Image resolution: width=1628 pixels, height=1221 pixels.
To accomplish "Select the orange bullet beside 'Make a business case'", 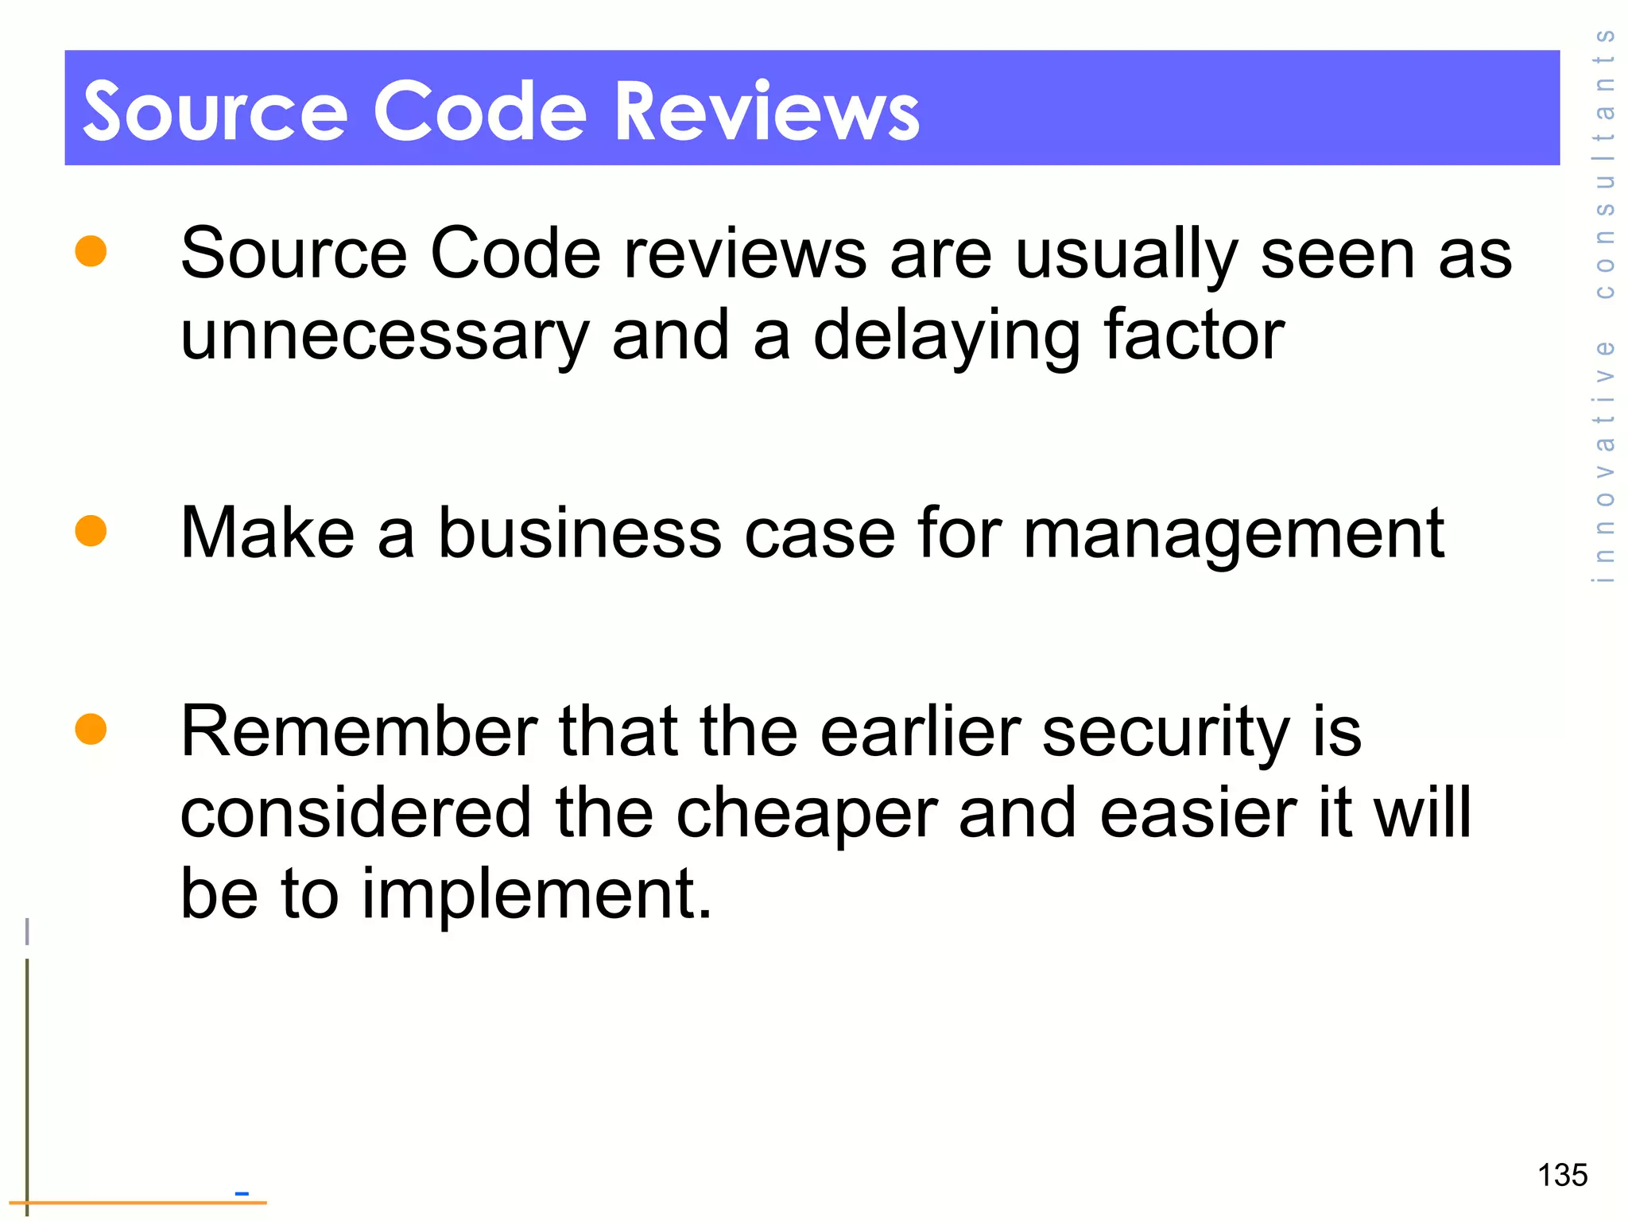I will click(91, 531).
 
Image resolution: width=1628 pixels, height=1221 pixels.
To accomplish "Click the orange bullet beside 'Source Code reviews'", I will click(91, 251).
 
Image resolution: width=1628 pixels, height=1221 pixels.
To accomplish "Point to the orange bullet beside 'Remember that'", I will click(91, 729).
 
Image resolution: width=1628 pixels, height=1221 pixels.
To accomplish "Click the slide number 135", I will click(1562, 1175).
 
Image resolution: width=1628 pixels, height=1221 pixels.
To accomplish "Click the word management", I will click(1233, 534).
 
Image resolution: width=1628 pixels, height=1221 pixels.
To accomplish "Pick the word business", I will click(579, 533).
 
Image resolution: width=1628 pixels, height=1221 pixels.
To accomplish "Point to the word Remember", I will click(359, 731).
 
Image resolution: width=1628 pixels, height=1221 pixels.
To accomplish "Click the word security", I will click(1166, 733).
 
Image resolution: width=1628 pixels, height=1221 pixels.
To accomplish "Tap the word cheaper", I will click(807, 814).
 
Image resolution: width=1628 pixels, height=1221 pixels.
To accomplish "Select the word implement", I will click(537, 894).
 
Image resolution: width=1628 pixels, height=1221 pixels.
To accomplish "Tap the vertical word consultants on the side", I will click(1604, 163).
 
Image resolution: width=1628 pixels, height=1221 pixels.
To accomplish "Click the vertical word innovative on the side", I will click(1604, 461).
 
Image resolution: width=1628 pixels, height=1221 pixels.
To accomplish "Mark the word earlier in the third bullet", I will click(920, 731).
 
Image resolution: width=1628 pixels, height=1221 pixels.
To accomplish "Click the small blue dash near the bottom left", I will click(242, 1193).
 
